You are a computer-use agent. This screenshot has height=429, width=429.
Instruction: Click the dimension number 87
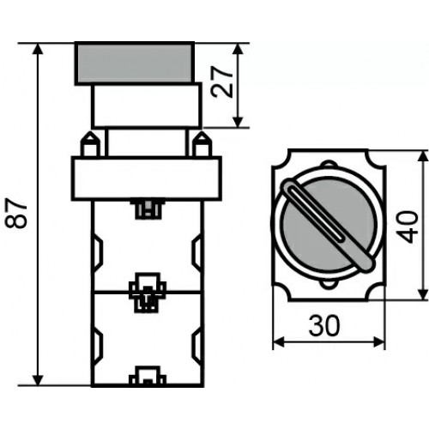pyautogui.click(x=16, y=214)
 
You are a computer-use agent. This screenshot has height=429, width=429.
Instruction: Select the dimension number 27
pyautogui.click(x=221, y=82)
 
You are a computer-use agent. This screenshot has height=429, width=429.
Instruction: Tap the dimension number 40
pyautogui.click(x=407, y=227)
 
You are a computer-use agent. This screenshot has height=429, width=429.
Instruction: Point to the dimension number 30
pyautogui.click(x=324, y=326)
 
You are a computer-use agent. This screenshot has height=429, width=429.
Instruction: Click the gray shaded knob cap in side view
pyautogui.click(x=135, y=63)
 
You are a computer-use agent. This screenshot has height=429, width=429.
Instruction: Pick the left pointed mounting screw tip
pyautogui.click(x=90, y=135)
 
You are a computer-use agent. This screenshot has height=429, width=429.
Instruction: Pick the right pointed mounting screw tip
pyautogui.click(x=202, y=135)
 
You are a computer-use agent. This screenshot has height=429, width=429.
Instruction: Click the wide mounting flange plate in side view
pyautogui.click(x=147, y=178)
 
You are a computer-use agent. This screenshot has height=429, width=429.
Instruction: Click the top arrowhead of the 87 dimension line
pyautogui.click(x=38, y=49)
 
